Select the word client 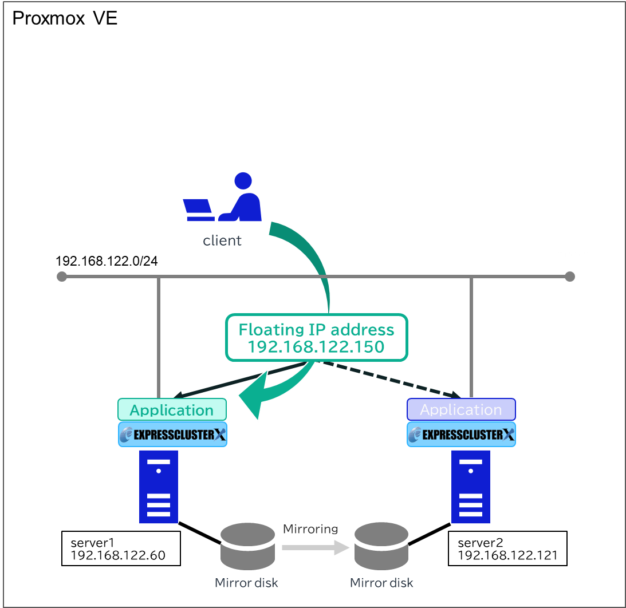click(x=222, y=241)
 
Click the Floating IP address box click(x=316, y=338)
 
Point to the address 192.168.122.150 click(x=316, y=347)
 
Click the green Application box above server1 click(x=172, y=410)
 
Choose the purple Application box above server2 click(x=461, y=410)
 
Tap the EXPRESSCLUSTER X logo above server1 click(x=172, y=435)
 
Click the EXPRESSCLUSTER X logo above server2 click(x=461, y=435)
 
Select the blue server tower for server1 click(x=159, y=487)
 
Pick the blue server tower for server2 click(x=471, y=487)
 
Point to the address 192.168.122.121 click(x=507, y=555)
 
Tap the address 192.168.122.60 click(x=118, y=555)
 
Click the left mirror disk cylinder click(x=247, y=547)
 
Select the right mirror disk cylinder click(x=381, y=547)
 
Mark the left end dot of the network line click(x=62, y=277)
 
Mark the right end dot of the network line click(x=569, y=277)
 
